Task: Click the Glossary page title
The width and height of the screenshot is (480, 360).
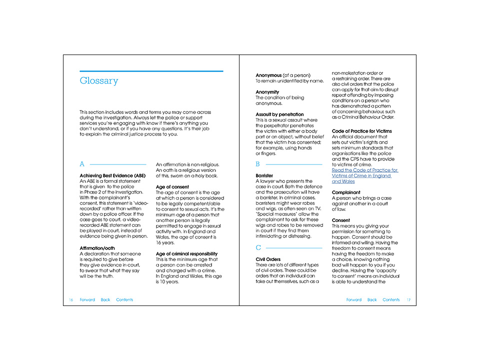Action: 99,81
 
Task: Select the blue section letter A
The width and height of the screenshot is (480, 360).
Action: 82,164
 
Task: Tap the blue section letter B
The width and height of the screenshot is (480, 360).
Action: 257,164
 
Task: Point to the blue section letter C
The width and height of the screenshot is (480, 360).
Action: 258,247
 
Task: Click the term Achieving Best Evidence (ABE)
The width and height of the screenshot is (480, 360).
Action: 113,175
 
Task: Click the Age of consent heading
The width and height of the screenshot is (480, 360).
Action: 172,186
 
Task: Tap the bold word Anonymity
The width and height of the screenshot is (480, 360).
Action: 267,92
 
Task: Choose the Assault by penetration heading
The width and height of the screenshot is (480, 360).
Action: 280,114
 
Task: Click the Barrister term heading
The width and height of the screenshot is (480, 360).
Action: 264,175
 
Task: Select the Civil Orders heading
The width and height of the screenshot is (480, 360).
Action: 269,259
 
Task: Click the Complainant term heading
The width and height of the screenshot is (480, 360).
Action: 346,192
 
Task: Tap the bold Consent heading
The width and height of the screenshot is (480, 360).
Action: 341,220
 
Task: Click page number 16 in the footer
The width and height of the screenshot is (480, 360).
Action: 71,300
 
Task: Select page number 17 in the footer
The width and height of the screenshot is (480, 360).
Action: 408,300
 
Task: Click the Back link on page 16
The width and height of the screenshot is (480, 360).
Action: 105,300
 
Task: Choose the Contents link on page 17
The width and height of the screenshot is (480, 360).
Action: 391,300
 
